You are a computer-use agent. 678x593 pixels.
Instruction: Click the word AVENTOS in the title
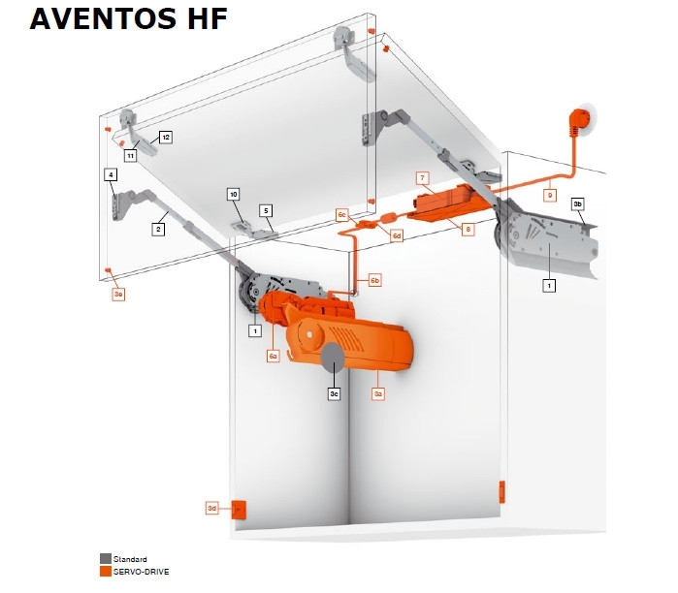(103, 18)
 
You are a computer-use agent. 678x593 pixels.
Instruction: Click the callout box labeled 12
(166, 138)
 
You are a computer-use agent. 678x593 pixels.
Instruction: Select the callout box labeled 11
(131, 155)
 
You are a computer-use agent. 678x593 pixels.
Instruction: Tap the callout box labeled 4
(111, 175)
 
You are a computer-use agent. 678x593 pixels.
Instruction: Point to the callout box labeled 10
(234, 195)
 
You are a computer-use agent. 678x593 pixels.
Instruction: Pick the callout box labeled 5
(266, 211)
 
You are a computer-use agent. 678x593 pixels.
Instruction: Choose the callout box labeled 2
(158, 229)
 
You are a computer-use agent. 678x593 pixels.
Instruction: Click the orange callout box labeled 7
(423, 178)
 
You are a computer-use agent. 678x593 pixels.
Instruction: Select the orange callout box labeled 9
(550, 195)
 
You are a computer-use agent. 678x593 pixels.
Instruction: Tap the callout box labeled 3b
(578, 203)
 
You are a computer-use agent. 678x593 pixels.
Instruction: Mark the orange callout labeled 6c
(342, 215)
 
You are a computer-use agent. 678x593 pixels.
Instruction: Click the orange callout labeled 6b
(375, 280)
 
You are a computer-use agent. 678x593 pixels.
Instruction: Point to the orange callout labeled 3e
(118, 295)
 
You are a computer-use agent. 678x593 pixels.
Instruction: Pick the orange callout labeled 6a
(273, 356)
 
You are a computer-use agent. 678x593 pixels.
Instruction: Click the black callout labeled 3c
(334, 394)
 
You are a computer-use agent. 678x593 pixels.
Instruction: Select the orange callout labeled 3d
(211, 508)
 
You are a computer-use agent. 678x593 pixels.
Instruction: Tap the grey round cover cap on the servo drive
(333, 358)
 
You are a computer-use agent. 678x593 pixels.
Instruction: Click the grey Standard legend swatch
(106, 558)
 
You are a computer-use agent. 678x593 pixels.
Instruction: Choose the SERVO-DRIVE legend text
(141, 572)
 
